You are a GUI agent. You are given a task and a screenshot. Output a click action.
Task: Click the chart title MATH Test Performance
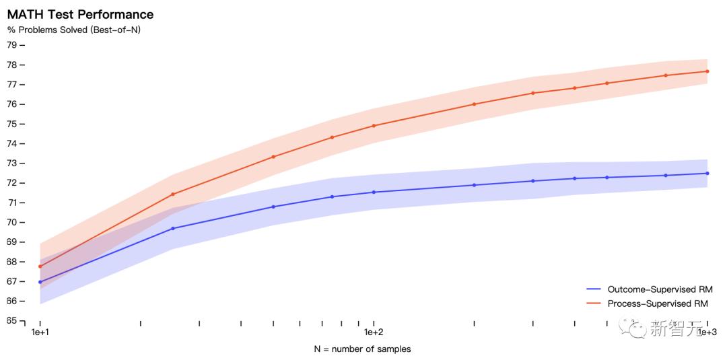[80, 14]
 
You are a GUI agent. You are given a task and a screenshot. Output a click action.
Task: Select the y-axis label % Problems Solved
[73, 30]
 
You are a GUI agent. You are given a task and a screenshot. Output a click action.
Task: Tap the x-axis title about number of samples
[362, 349]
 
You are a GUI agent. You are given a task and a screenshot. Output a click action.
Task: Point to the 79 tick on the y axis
[11, 45]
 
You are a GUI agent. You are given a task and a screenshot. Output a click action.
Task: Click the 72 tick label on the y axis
[11, 183]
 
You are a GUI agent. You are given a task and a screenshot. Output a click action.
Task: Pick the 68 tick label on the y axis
[11, 262]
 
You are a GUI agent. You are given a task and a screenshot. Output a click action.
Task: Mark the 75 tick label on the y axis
[11, 124]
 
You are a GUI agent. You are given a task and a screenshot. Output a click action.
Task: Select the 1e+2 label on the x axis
[373, 332]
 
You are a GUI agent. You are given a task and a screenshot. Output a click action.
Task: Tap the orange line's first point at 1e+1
[40, 266]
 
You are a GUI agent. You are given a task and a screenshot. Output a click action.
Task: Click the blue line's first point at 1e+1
[40, 282]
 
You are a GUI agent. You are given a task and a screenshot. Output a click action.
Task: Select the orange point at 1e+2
[374, 126]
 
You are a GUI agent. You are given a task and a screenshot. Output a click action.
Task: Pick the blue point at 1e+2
[374, 192]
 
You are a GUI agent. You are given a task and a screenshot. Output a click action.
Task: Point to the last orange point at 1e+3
[707, 71]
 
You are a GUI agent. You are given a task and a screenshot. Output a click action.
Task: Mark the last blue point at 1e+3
[707, 174]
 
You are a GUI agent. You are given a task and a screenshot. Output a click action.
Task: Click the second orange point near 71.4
[173, 194]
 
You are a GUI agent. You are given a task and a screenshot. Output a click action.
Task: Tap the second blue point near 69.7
[173, 229]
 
